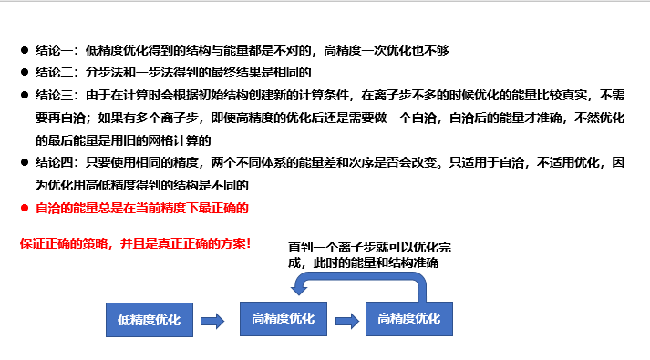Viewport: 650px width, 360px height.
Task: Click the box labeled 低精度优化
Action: click(x=149, y=320)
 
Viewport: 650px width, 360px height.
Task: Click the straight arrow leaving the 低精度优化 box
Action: click(x=212, y=320)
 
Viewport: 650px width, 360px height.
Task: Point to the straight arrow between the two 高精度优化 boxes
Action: click(x=346, y=320)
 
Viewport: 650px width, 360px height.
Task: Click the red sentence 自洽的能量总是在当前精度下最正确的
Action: click(x=141, y=208)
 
